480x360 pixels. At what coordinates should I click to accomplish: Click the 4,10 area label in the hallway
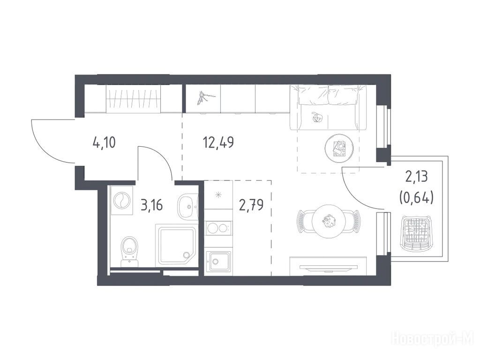point(104,142)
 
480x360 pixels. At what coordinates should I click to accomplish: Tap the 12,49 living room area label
point(218,142)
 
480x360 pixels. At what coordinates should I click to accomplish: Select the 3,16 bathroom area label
point(151,205)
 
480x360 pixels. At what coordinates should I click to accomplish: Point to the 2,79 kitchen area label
point(251,205)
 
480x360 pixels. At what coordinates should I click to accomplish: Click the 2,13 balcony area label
point(417,177)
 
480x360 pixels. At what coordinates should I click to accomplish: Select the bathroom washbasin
point(187,207)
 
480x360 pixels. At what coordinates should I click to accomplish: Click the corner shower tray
point(176,245)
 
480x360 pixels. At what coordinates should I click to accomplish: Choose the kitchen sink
point(218,261)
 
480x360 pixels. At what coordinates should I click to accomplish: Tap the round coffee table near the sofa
point(339,148)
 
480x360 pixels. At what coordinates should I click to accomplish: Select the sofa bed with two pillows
point(328,107)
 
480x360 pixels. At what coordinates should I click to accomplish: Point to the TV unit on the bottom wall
point(328,266)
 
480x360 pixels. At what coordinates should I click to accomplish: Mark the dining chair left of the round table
point(304,221)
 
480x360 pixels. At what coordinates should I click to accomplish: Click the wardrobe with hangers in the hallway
point(133,98)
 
